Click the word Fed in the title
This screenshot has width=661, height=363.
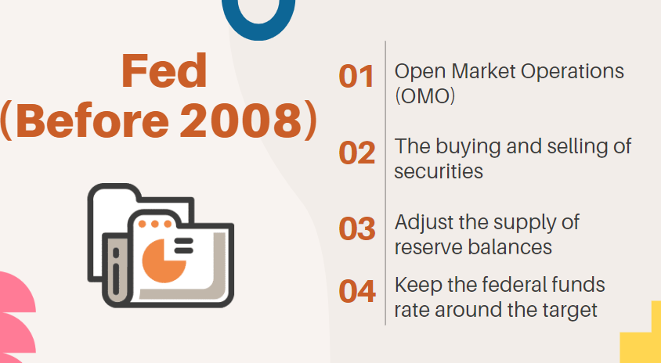164,72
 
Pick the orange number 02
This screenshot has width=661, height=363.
357,153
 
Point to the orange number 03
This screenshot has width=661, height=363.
357,228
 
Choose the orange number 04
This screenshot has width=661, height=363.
357,291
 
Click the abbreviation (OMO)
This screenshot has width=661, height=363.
425,97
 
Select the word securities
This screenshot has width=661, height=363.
439,171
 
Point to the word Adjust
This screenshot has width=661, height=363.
423,222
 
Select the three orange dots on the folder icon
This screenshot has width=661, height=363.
156,225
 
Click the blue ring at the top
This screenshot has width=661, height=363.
258,16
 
